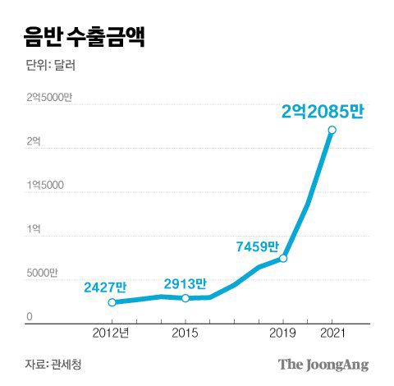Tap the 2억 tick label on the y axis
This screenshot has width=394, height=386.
click(34, 142)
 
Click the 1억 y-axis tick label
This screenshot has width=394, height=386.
click(34, 229)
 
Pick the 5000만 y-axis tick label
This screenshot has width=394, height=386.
click(42, 273)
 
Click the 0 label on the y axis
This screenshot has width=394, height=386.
click(29, 317)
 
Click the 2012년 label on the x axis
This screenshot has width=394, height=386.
click(112, 334)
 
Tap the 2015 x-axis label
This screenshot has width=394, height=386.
click(185, 334)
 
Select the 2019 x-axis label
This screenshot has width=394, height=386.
click(283, 334)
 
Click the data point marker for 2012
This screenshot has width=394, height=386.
click(112, 302)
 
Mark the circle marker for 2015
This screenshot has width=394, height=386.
click(185, 298)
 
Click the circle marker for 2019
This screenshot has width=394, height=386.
click(283, 259)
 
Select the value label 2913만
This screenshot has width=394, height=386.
click(184, 283)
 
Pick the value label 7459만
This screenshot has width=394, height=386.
click(257, 246)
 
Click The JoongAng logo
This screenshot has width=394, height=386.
click(323, 365)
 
